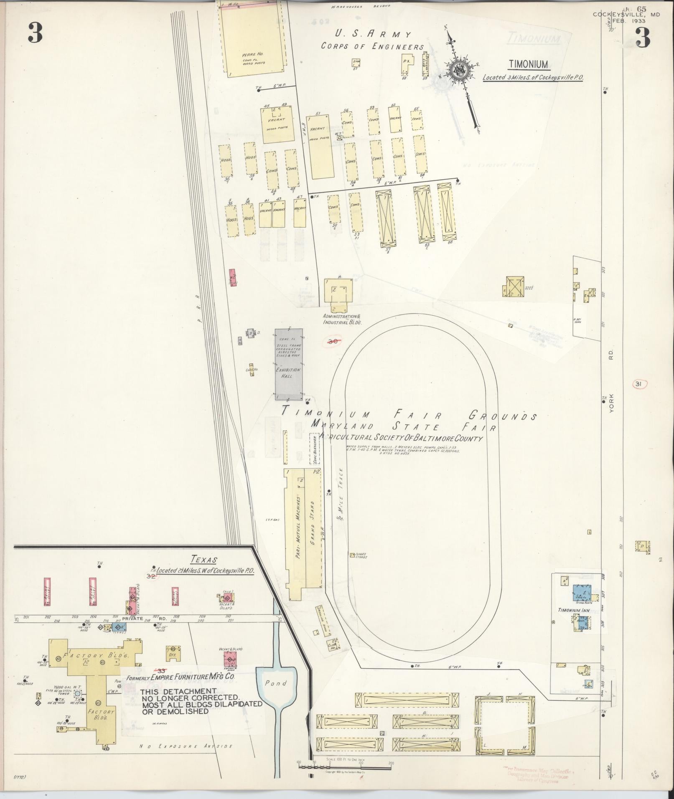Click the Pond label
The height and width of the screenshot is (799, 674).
(276, 683)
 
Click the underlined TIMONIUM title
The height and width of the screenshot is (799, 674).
(528, 64)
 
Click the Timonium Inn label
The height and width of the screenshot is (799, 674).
(573, 610)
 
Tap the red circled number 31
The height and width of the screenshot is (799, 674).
(638, 384)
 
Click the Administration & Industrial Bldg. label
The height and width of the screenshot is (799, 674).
(342, 320)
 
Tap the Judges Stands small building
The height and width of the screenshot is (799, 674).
(352, 555)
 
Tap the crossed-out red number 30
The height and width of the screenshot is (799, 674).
(333, 341)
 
